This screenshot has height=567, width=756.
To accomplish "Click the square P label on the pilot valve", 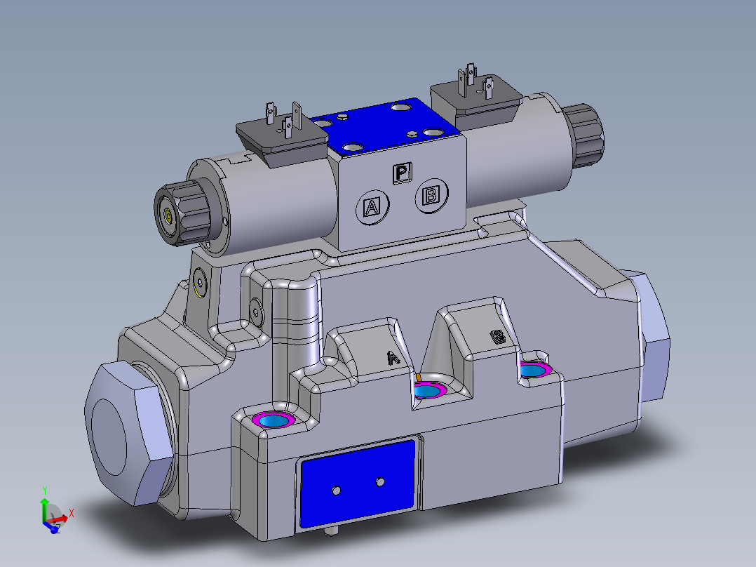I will (x=402, y=173).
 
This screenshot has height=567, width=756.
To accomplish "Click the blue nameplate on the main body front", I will (x=358, y=485).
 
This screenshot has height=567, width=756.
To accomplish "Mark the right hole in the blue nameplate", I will (x=380, y=481).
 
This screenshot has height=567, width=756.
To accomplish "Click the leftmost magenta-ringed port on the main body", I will (x=274, y=420).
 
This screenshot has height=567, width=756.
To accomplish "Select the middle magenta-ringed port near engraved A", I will (x=430, y=391).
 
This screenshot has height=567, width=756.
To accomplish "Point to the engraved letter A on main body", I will (x=393, y=358).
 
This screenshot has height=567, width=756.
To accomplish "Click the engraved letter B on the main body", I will (x=497, y=336).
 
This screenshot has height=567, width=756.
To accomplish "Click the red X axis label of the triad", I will (x=72, y=514).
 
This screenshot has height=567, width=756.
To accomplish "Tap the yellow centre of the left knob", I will (x=169, y=216).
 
